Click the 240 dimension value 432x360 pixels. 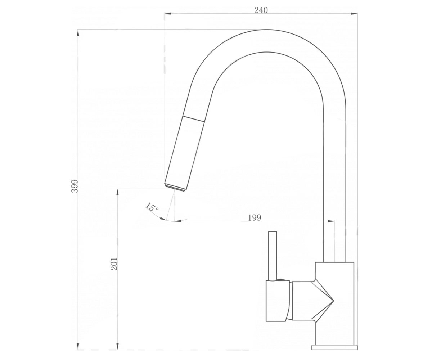pos(261,10)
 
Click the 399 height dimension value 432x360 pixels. pos(75,186)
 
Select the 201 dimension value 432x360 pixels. pos(114,264)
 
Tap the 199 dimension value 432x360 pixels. pos(255,217)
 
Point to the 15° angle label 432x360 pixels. pos(152,207)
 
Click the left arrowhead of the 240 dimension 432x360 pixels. pos(168,14)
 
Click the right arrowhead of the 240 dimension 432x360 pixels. pos(354,14)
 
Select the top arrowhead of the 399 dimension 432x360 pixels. pos(78,33)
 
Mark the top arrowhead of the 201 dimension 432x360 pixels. pos(117,192)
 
